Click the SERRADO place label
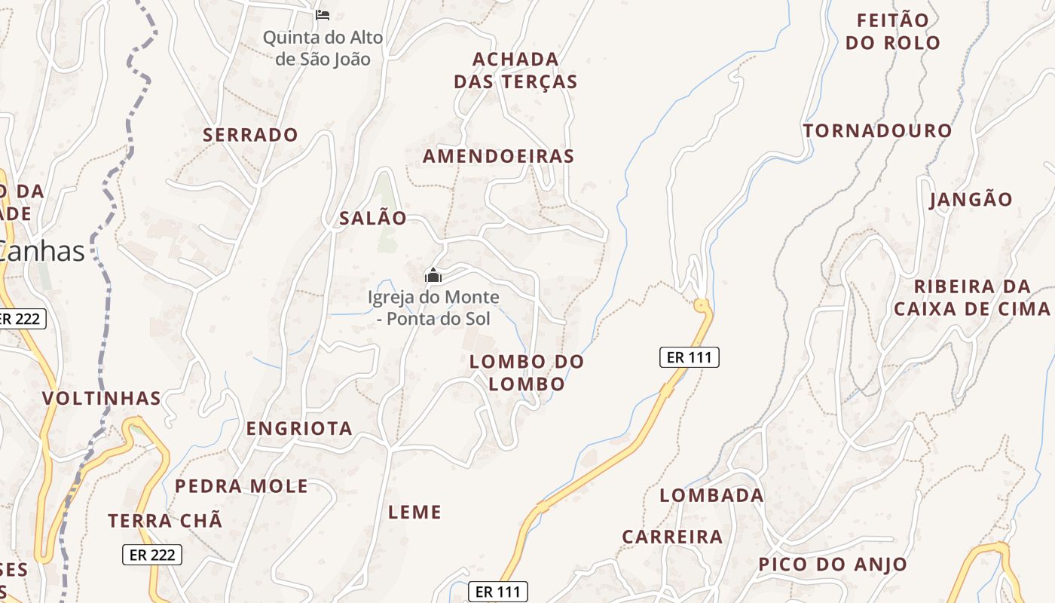click(x=250, y=135)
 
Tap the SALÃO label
click(x=373, y=219)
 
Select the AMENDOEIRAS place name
click(x=498, y=156)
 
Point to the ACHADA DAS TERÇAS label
click(x=515, y=70)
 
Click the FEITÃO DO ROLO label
click(x=893, y=31)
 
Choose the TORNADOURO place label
click(x=877, y=130)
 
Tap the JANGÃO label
click(x=971, y=200)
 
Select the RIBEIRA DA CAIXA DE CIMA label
click(x=971, y=298)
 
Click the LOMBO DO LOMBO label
click(x=527, y=372)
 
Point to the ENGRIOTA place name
click(x=299, y=428)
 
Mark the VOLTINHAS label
click(x=102, y=398)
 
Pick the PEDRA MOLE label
click(x=241, y=486)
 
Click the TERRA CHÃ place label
click(x=165, y=520)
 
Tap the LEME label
click(x=414, y=513)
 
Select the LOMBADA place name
click(x=711, y=495)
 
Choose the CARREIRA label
click(x=672, y=537)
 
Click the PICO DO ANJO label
click(x=833, y=564)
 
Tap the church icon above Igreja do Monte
click(x=433, y=275)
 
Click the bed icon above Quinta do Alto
click(x=323, y=14)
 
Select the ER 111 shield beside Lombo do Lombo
click(x=690, y=357)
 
